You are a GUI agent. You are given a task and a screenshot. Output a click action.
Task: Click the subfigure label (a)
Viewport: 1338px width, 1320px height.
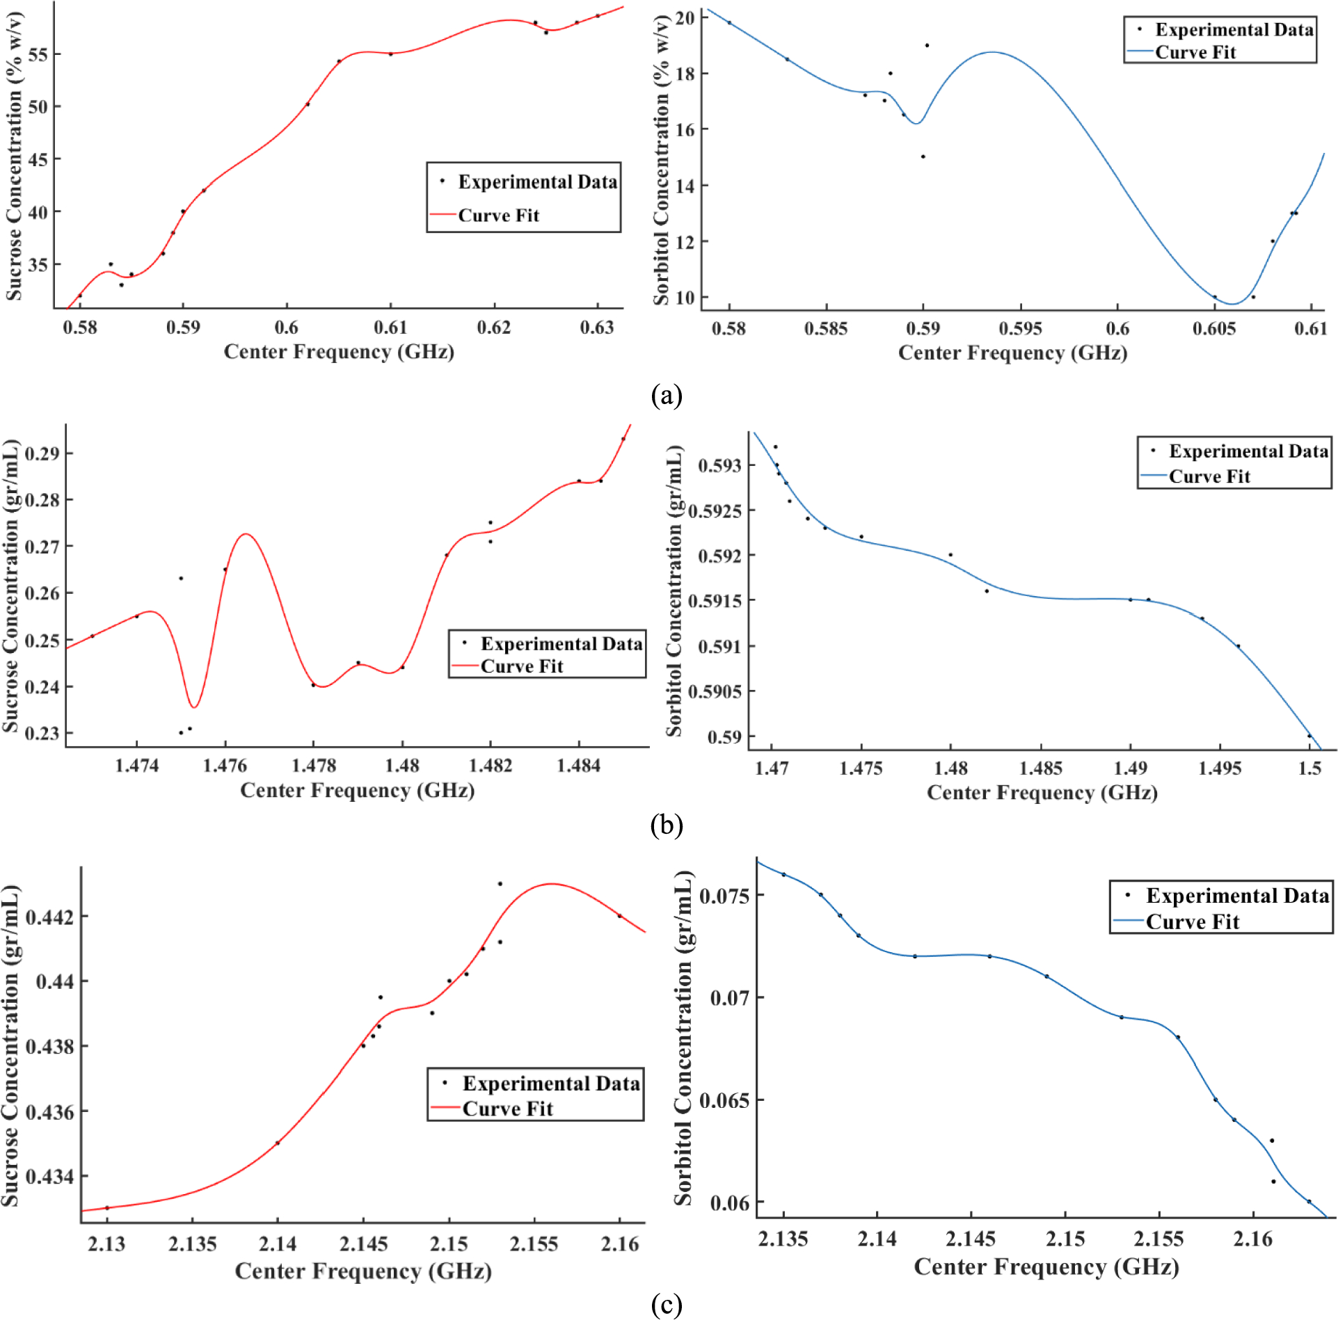(666, 396)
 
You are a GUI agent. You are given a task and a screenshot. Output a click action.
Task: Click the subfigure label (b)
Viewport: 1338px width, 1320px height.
(666, 826)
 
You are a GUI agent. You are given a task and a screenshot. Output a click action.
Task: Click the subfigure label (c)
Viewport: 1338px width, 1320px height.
(666, 1305)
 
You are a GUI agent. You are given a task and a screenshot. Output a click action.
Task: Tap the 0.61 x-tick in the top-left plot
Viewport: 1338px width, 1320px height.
(390, 328)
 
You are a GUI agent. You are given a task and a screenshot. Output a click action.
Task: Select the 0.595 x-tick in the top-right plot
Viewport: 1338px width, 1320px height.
(1020, 329)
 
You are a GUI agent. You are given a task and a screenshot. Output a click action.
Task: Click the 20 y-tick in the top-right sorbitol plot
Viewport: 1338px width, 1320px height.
(685, 18)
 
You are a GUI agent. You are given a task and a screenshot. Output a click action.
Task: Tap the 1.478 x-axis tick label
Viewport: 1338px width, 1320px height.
(314, 766)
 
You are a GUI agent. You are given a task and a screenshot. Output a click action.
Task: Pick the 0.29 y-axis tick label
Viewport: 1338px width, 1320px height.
(42, 454)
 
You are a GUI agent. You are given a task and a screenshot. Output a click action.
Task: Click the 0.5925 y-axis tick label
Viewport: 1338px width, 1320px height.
(715, 511)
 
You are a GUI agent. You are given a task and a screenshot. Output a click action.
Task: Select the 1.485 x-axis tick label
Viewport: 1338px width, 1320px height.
(1040, 768)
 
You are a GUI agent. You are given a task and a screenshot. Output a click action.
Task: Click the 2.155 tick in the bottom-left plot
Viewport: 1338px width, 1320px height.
(534, 1244)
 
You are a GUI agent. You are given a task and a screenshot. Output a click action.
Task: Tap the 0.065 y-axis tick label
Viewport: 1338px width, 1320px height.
(724, 1101)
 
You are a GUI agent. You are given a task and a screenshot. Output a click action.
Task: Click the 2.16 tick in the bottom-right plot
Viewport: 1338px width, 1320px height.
(1252, 1239)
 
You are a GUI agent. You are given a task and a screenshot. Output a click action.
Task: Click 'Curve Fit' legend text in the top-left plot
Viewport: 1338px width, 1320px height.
(498, 216)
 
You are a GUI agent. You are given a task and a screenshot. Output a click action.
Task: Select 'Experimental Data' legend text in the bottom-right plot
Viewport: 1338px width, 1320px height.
(1237, 896)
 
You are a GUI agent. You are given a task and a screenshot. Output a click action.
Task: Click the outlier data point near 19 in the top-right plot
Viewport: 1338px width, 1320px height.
(927, 46)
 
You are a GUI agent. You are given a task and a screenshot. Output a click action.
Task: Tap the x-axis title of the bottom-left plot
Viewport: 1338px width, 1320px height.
(363, 1271)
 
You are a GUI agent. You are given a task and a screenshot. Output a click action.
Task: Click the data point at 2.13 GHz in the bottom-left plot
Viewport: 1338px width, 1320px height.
(107, 1208)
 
